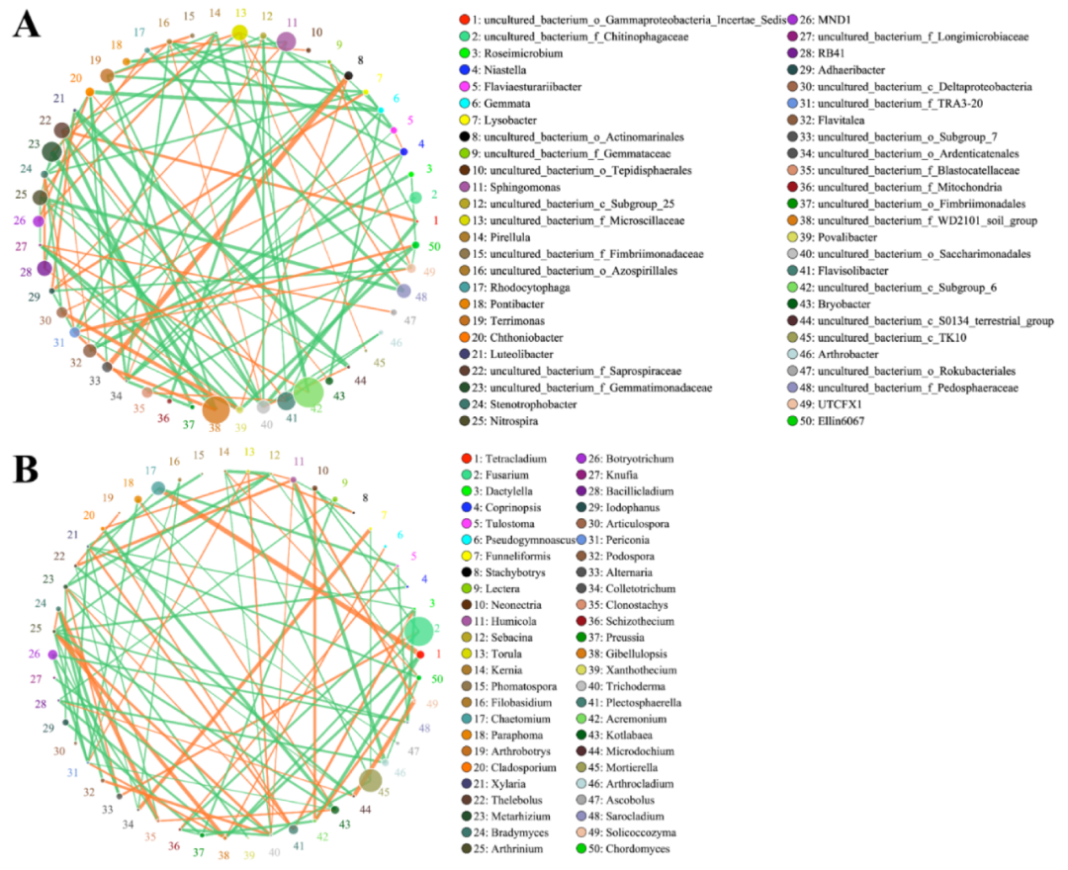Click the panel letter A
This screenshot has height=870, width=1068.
(27, 23)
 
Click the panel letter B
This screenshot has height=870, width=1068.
(27, 471)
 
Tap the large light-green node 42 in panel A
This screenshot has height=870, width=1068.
(308, 393)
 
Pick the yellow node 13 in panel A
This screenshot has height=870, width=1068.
(239, 34)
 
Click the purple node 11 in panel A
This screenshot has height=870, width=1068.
(286, 42)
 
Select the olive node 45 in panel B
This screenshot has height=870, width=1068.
(370, 782)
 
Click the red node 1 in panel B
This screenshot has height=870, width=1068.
(420, 654)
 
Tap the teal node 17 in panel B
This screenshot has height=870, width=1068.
(158, 488)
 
